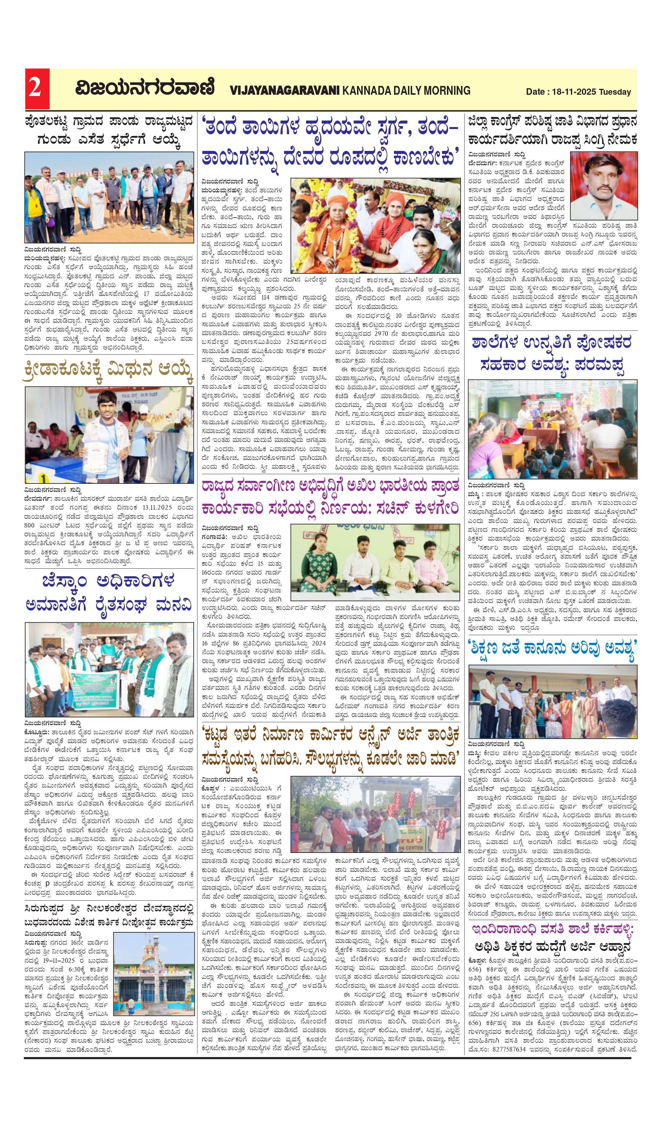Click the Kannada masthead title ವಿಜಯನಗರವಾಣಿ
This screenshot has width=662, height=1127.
[x=144, y=88]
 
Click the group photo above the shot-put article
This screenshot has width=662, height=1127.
[x=109, y=197]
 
